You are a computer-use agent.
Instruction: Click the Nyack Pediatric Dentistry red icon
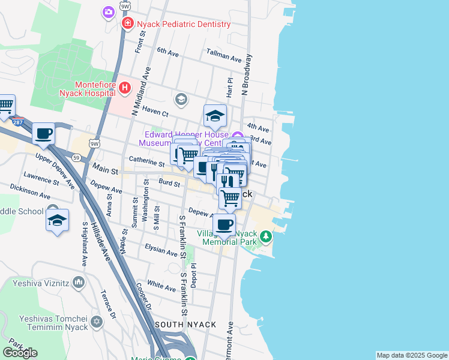pos(127,24)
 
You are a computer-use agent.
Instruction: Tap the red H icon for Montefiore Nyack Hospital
pos(125,89)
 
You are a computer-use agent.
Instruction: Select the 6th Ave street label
pos(168,53)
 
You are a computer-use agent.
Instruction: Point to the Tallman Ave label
pos(224,58)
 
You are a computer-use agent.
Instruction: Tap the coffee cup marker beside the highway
pos(43,134)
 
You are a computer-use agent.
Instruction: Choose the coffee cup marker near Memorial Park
pos(224,225)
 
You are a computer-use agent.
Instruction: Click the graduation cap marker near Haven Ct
pos(215,116)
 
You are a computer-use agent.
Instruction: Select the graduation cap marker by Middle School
pos(58,220)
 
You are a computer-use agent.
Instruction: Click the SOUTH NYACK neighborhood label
pos(185,325)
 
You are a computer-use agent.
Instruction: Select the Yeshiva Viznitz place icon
pos(79,281)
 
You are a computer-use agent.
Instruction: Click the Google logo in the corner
pos(20,352)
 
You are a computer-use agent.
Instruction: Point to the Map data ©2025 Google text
pos(412,355)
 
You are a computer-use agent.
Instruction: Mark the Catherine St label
pos(146,163)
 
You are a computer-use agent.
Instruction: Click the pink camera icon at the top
pos(109,12)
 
